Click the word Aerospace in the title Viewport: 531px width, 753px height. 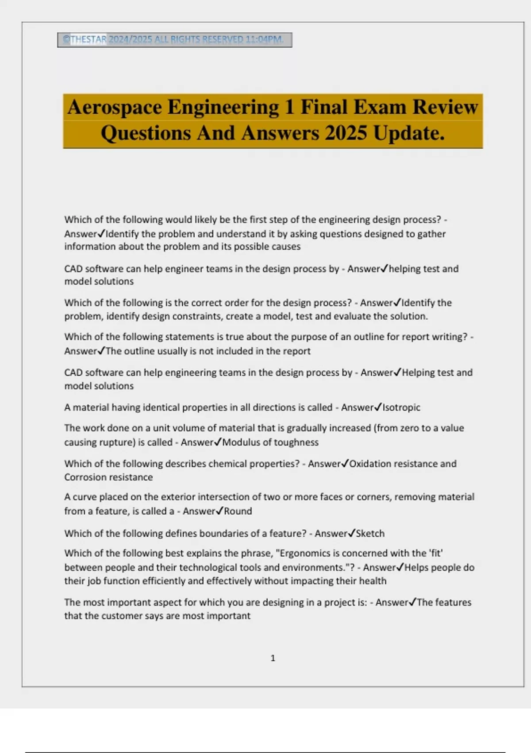pyautogui.click(x=114, y=108)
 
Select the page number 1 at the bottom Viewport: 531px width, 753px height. pyautogui.click(x=273, y=658)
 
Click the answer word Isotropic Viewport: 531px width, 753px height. pyautogui.click(x=401, y=408)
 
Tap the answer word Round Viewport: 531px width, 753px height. pyautogui.click(x=238, y=511)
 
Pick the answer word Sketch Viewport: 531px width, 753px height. pyautogui.click(x=370, y=533)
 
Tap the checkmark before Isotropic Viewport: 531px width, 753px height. pyautogui.click(x=378, y=407)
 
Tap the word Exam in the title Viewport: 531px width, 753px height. pyautogui.click(x=383, y=108)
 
